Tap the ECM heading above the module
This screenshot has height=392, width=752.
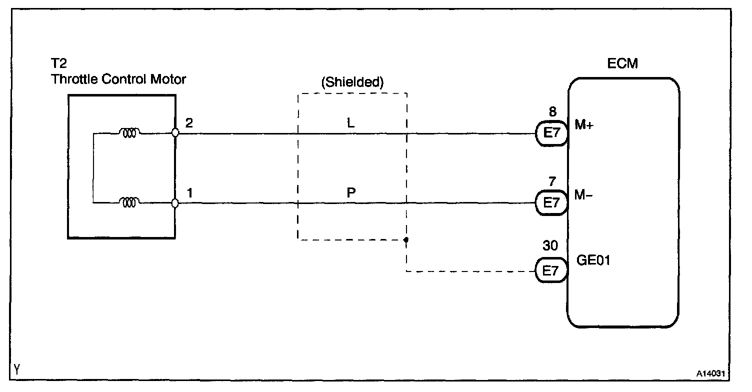[x=623, y=63]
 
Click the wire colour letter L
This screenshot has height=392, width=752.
[x=351, y=123]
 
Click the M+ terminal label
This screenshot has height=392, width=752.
[x=584, y=126]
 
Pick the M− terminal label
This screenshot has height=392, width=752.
[x=583, y=195]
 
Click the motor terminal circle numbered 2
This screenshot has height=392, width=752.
[x=175, y=133]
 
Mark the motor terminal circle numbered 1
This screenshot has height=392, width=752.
[x=175, y=203]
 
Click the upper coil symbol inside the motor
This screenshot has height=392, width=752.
[x=129, y=133]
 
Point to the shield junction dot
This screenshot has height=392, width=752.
[x=406, y=240]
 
